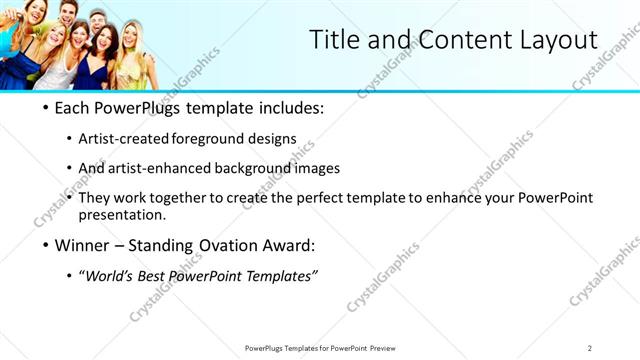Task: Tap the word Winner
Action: point(82,244)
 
